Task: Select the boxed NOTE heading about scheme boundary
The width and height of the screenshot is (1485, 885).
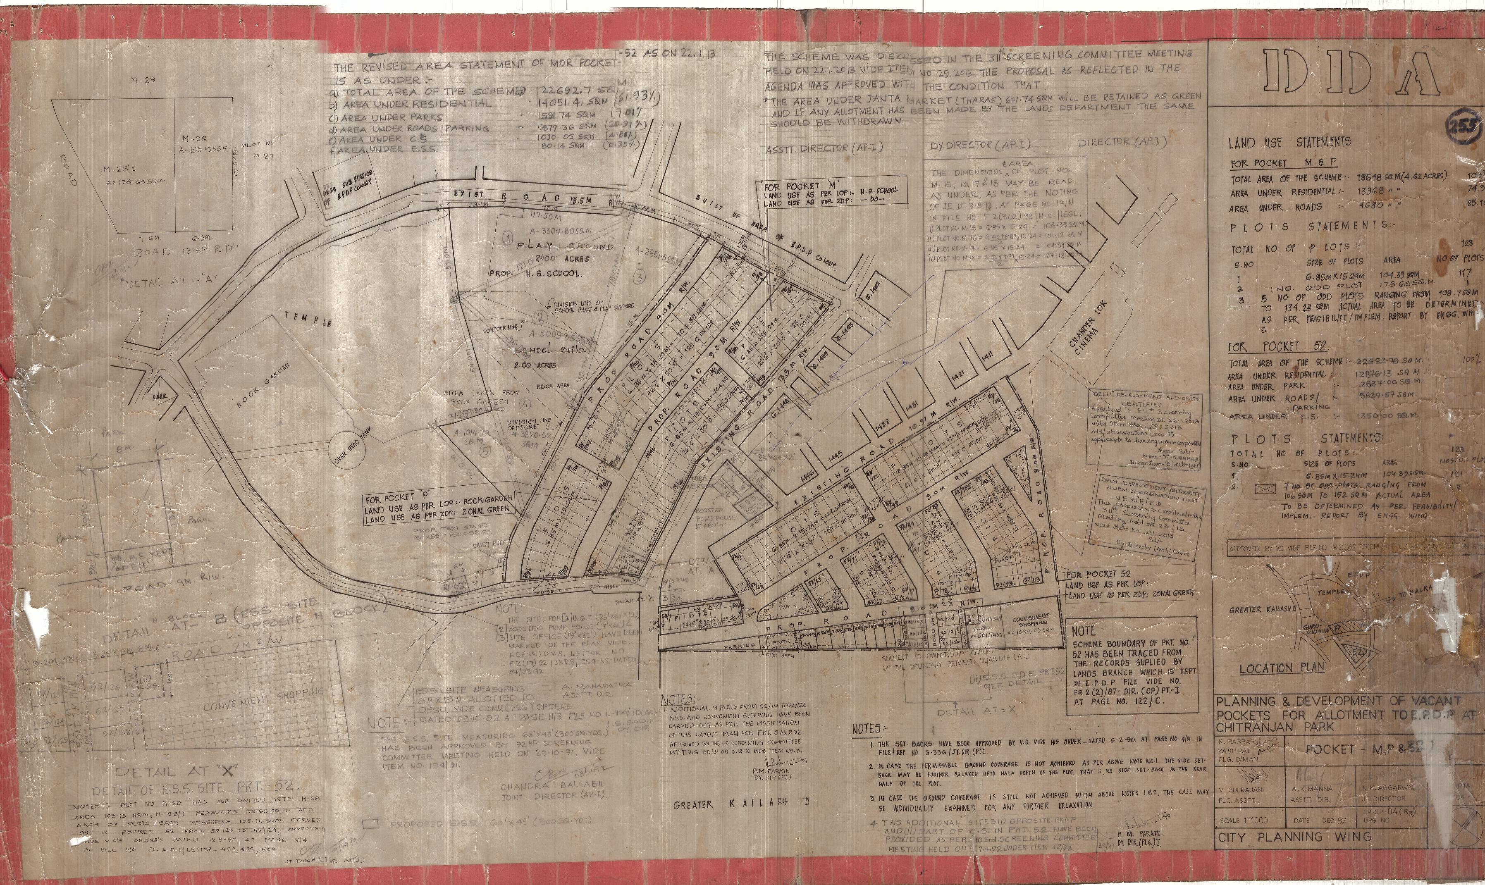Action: (x=1084, y=630)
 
